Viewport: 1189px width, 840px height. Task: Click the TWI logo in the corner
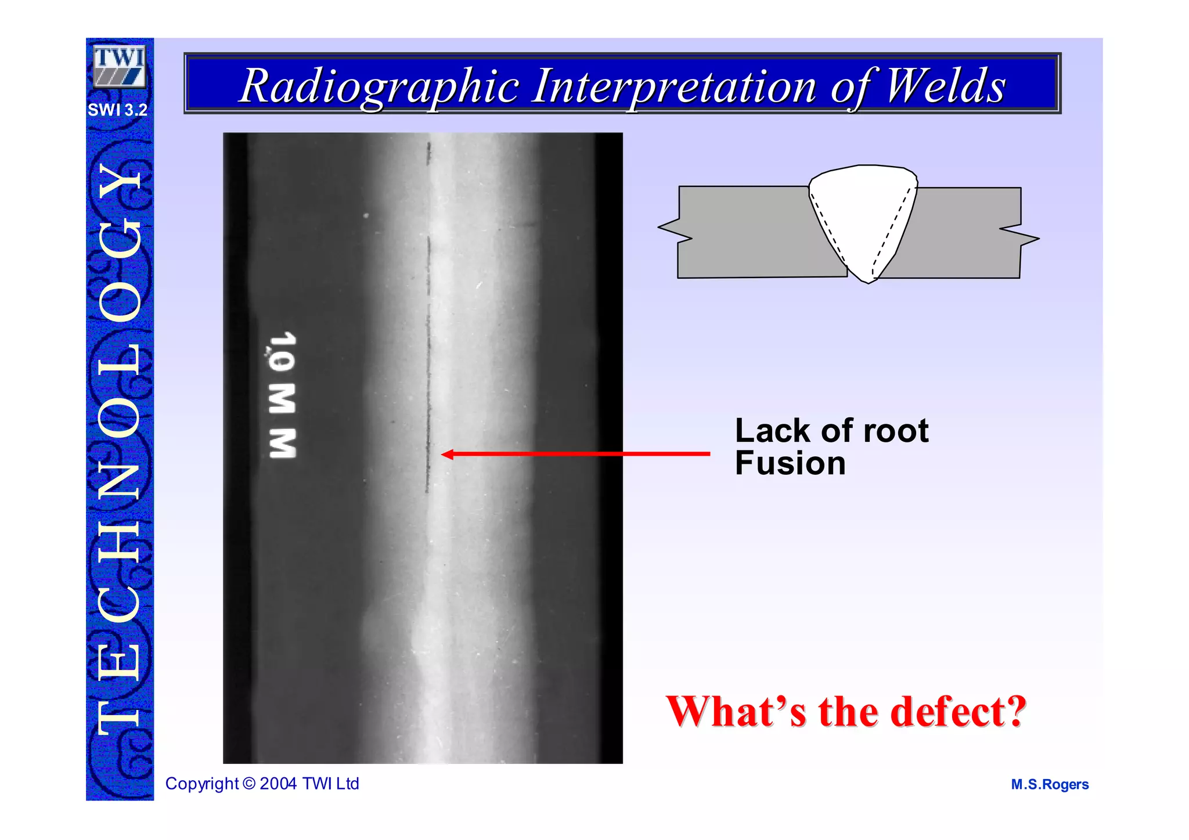click(x=119, y=67)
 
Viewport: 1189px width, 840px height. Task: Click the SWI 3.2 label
click(x=117, y=110)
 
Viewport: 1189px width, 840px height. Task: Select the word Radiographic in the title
click(x=379, y=86)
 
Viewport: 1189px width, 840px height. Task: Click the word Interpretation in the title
click(x=674, y=86)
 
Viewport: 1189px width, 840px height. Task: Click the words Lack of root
click(x=831, y=431)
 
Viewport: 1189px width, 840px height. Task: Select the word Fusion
click(x=790, y=463)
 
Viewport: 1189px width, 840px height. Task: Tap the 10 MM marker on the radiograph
click(x=283, y=395)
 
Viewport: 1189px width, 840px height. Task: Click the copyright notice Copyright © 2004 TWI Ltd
click(x=262, y=784)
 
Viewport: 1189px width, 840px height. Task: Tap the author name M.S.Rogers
click(x=1049, y=784)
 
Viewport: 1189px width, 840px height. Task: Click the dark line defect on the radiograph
click(x=428, y=372)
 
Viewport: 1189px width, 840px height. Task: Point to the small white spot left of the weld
click(x=366, y=216)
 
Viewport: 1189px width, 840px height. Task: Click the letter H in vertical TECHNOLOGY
click(x=120, y=540)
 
